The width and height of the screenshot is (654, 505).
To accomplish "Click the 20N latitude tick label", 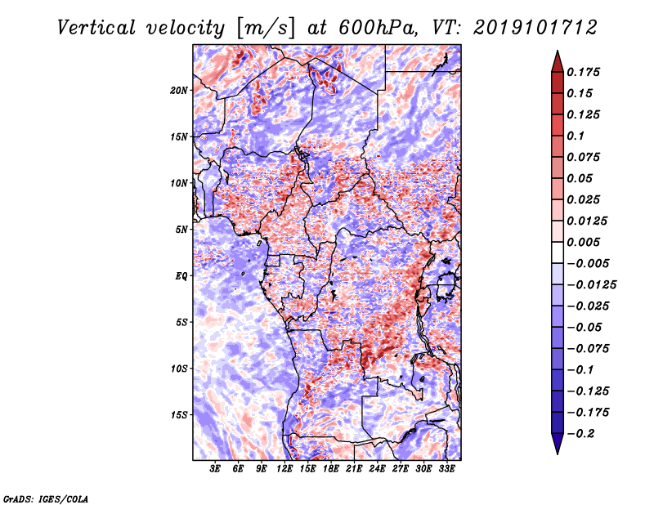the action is pos(179,91).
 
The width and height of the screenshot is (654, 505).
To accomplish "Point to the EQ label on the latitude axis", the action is pos(181,276).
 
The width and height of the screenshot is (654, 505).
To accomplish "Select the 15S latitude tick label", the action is pos(179,415).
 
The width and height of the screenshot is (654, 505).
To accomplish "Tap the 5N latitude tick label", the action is pos(181,230).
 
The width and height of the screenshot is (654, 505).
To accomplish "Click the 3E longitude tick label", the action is pos(215,469).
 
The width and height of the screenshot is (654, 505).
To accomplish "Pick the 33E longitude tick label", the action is pos(446,469).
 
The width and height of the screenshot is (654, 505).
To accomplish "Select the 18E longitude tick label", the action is pos(331,469).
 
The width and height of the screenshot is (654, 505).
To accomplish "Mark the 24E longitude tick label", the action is pos(377,469).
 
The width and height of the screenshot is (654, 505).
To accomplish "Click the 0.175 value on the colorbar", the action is pos(583,72).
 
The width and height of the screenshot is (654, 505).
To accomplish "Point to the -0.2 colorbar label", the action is pos(580,434).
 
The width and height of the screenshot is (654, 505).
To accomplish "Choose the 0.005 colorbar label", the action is pos(583,242).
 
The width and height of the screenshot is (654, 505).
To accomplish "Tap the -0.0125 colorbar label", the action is pos(591,285).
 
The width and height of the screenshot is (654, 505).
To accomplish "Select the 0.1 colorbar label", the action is pos(576,136).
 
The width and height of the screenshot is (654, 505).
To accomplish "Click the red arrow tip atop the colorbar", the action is pos(558,51).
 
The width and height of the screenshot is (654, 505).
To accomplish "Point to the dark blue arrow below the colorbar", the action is pos(558,444).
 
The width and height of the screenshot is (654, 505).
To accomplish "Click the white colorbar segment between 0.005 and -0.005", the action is pos(558,252).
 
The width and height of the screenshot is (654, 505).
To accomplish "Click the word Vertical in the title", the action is pos(96,28).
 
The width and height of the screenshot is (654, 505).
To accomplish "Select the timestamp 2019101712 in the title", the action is pos(535,28).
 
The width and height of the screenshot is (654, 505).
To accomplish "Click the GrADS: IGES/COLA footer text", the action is pos(46,498).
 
